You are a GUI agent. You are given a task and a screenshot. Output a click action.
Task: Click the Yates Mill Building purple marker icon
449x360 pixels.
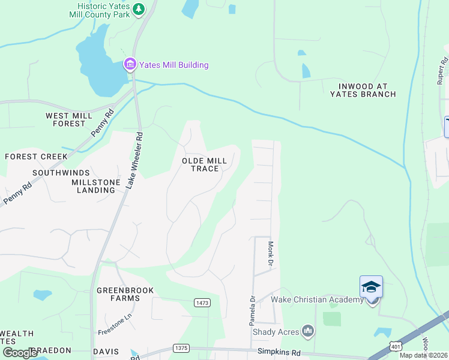[130, 65]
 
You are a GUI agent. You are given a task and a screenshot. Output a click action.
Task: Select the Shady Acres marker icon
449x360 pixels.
[308, 331]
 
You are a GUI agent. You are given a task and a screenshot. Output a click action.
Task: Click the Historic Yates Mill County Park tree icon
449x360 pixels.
[139, 9]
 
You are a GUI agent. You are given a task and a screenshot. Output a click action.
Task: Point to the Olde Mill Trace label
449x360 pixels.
[205, 164]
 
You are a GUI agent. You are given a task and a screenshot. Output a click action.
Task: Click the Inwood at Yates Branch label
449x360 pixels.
[363, 90]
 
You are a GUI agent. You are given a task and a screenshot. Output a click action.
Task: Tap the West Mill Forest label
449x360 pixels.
[69, 119]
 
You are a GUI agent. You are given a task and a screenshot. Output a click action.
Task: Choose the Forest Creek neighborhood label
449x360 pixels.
[37, 157]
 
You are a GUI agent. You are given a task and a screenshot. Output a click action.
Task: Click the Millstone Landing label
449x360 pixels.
[93, 186]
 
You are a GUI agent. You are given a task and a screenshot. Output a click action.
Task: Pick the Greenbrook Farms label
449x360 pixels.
[125, 294]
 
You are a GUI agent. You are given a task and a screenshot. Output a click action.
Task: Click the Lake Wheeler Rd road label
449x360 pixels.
[134, 160]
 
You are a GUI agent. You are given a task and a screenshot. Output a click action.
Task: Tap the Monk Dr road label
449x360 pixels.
[271, 254]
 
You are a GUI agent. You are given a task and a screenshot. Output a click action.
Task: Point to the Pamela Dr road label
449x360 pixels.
[253, 310]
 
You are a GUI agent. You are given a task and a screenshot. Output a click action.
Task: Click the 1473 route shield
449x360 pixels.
[202, 303]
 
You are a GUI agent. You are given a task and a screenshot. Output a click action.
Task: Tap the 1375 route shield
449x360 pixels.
[181, 347]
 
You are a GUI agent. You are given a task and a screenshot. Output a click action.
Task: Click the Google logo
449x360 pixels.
[20, 353]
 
